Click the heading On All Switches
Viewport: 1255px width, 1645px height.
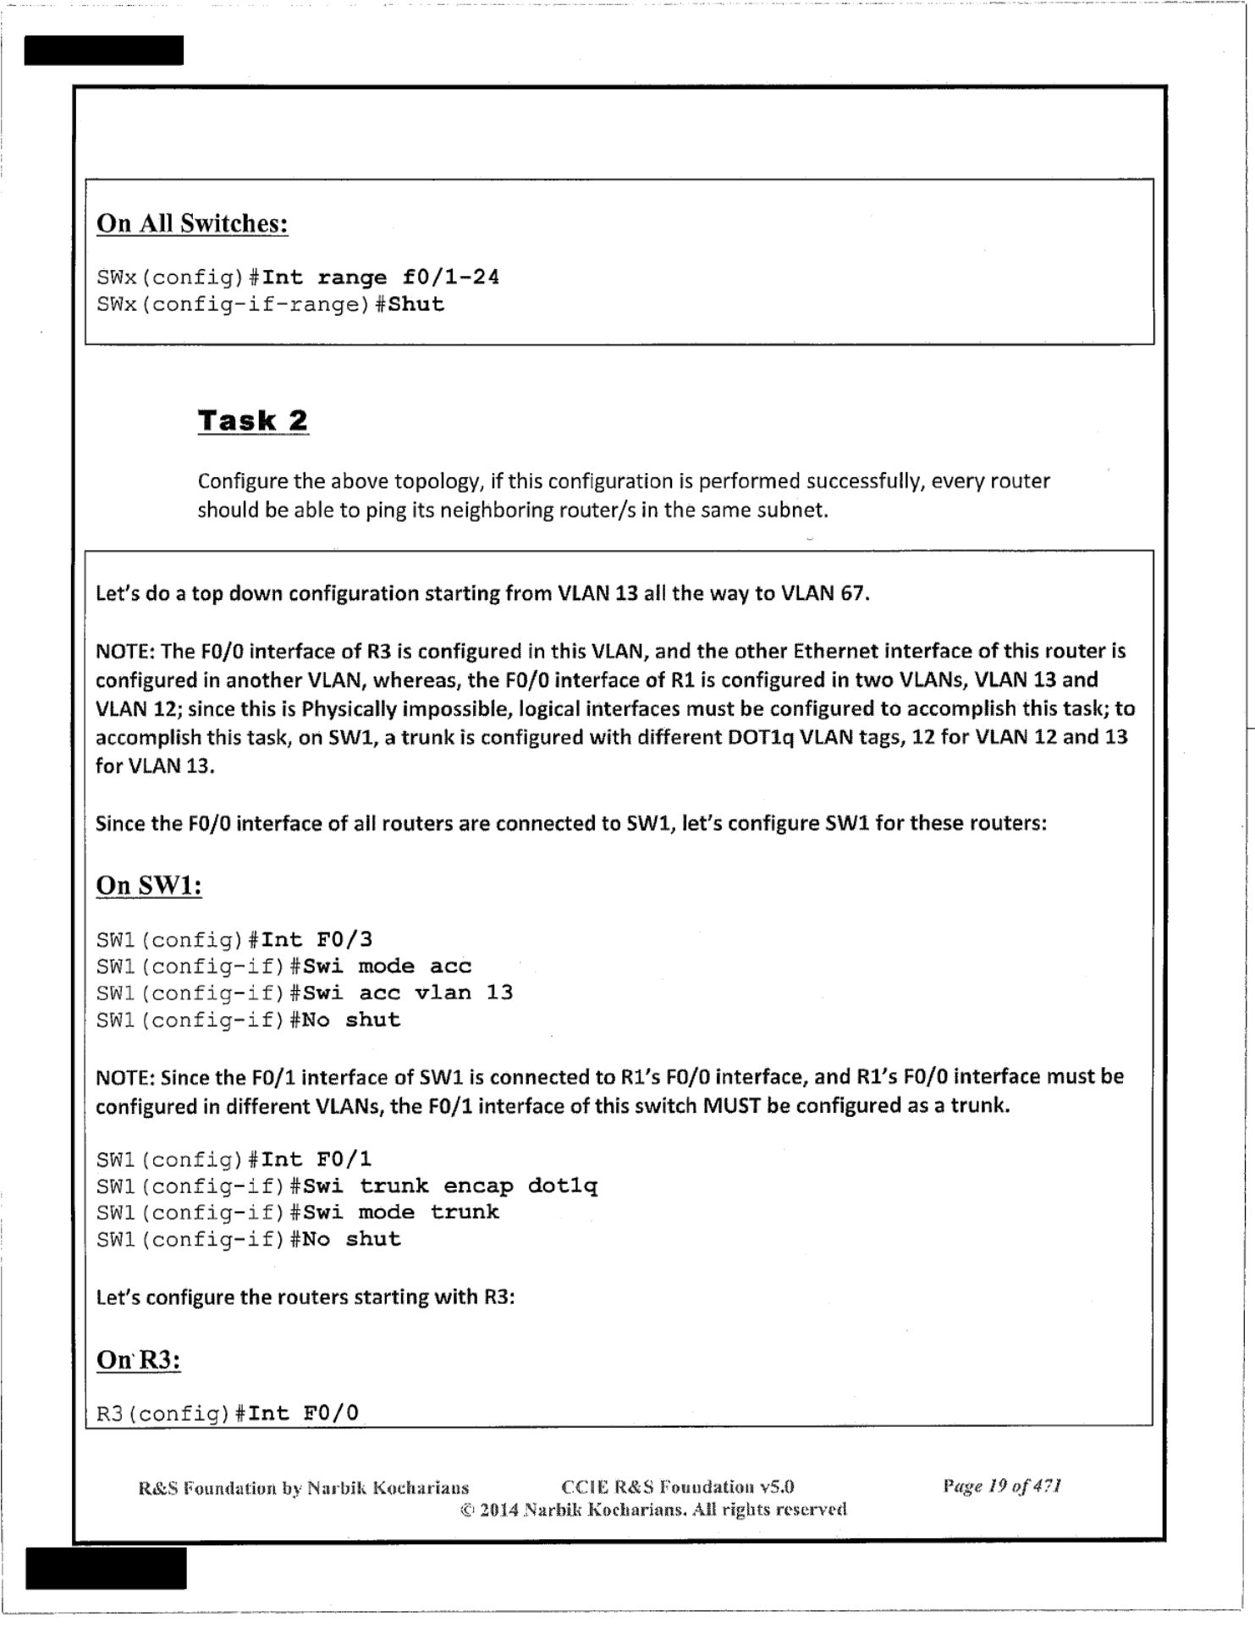(x=192, y=223)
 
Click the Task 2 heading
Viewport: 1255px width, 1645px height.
(x=252, y=421)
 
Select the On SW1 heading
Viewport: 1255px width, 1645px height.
(x=149, y=885)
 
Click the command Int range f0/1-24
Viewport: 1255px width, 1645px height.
(x=381, y=278)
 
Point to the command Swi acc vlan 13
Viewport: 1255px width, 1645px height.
(x=408, y=993)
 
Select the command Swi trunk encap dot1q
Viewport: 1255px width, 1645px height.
(x=450, y=1186)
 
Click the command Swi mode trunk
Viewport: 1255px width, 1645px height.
(x=401, y=1212)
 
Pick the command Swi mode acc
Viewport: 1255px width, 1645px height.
(x=387, y=966)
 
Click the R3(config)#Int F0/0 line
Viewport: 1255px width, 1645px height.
(x=228, y=1412)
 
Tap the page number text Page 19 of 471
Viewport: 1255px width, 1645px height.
(x=1002, y=1486)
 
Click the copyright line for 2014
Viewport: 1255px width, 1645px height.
(x=653, y=1509)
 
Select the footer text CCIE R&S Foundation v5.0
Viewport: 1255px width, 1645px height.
(x=678, y=1487)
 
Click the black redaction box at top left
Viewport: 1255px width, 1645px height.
(x=103, y=50)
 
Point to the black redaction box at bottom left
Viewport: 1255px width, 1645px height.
(x=106, y=1568)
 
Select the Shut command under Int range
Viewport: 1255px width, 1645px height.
(x=416, y=305)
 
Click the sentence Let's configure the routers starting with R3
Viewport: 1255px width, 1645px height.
(x=305, y=1296)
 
